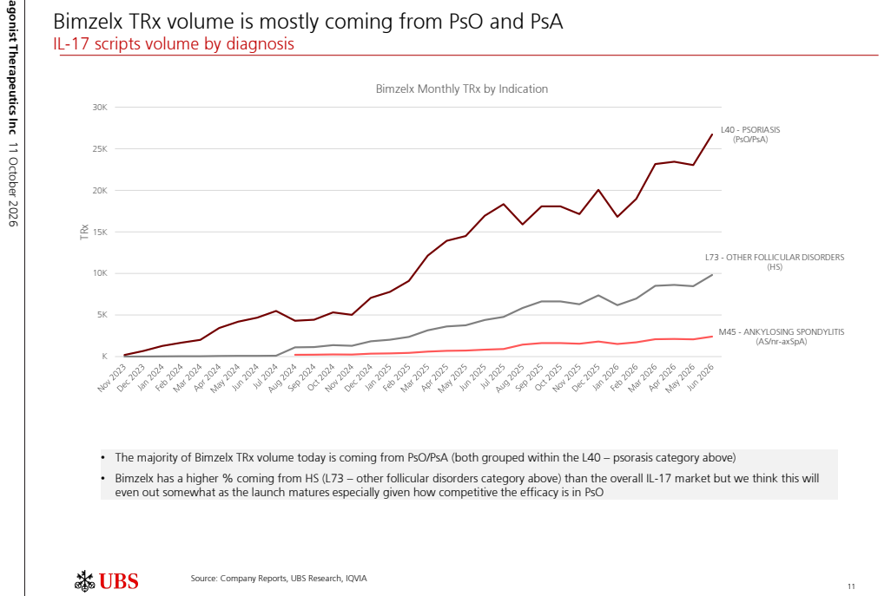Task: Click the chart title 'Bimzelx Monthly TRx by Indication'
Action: coord(461,89)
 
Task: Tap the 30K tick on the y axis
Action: coord(100,108)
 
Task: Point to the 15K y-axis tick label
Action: coord(100,233)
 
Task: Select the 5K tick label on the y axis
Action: coord(102,315)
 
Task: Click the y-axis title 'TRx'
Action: coord(84,233)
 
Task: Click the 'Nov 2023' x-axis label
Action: coord(113,378)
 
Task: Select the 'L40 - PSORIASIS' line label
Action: coord(750,130)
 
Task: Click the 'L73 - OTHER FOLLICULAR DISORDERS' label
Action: coord(775,258)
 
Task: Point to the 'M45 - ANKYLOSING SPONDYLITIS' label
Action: coord(782,332)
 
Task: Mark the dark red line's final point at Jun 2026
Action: coord(712,134)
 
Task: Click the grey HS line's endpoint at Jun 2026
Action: coord(712,275)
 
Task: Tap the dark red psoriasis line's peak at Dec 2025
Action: coord(598,190)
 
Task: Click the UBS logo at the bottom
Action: coord(107,581)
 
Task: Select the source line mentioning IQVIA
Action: coord(279,579)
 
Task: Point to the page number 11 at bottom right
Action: coord(851,586)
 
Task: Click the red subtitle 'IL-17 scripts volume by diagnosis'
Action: coord(174,44)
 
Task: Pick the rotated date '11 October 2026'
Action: coord(13,185)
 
